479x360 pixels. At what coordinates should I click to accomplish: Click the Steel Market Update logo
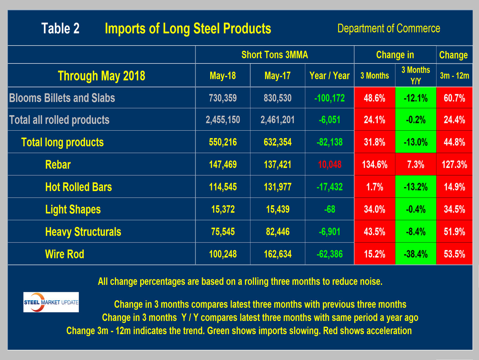pos(51,302)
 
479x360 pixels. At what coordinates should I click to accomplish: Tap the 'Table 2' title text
pos(60,28)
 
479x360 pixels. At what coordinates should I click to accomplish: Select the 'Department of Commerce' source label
pos(388,28)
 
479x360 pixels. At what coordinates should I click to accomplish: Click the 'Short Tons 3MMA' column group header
pos(274,55)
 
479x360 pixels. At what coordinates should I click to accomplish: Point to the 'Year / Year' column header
pos(329,76)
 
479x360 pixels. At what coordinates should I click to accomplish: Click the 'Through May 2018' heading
pos(101,76)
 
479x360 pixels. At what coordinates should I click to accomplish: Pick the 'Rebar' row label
pos(58,164)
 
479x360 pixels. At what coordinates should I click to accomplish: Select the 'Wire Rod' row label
pos(65,254)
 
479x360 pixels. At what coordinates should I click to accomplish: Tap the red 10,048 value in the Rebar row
pos(329,164)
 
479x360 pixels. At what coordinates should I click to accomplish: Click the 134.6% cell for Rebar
pos(375,164)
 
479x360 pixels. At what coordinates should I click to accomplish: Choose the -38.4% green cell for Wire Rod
pos(415,254)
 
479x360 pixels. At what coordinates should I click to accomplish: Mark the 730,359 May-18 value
pos(223,98)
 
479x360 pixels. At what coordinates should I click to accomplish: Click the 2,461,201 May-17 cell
pos(278,120)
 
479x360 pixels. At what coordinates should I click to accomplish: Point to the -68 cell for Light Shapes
pos(329,209)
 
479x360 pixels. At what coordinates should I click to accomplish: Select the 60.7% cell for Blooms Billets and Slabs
pos(454,98)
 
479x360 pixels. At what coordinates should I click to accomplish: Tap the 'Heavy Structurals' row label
pos(83,232)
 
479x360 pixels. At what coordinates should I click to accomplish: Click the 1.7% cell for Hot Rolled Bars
pos(375,187)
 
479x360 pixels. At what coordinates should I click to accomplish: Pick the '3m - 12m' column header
pos(454,76)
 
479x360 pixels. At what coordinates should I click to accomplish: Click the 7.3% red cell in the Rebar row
pos(415,164)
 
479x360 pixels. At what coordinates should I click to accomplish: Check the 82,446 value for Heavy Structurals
pos(278,232)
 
